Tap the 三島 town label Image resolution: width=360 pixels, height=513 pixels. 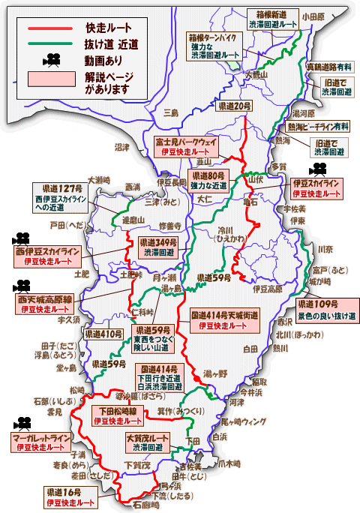click(171, 113)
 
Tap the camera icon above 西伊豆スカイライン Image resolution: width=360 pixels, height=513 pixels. click(19, 240)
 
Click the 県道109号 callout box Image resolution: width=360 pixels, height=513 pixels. click(326, 310)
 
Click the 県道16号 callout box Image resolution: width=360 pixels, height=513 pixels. click(70, 496)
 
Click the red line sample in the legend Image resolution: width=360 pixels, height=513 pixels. click(51, 28)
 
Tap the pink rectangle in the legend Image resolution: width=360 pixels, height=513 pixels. click(51, 78)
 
